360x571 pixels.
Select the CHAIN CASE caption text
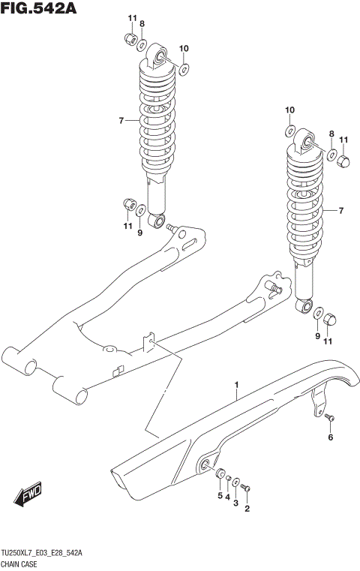(22, 563)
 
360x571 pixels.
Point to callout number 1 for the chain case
(237, 386)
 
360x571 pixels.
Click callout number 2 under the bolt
(247, 509)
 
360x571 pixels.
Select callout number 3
(236, 503)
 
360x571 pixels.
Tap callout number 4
(228, 497)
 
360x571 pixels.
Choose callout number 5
(220, 494)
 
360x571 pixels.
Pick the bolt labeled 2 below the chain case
(248, 488)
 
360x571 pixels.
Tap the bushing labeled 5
(220, 474)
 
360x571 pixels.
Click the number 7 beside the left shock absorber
(121, 120)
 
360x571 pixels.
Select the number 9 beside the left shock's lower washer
(139, 233)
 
